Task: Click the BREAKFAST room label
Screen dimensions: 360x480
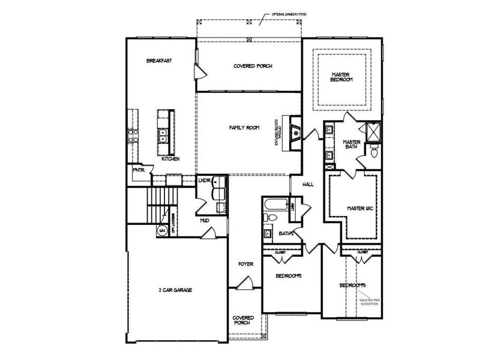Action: (x=159, y=61)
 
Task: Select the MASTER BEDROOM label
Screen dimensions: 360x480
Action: (x=341, y=77)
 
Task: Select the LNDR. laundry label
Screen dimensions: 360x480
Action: (x=204, y=180)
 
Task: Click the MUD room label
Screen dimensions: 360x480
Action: (x=204, y=221)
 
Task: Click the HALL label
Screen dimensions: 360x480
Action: (x=308, y=185)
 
